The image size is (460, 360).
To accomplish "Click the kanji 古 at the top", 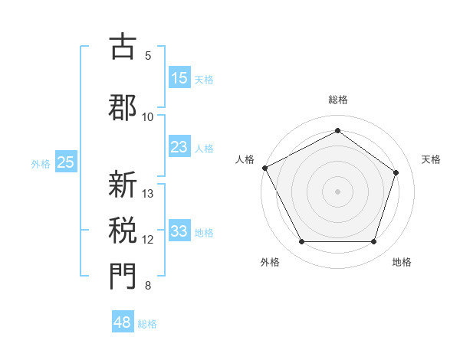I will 123,47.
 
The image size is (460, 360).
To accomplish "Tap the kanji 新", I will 123,185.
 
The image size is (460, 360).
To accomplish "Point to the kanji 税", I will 123,231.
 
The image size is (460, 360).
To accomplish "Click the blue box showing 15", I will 179,78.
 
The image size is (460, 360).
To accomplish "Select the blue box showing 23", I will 179,147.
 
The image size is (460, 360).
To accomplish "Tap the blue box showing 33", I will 179,231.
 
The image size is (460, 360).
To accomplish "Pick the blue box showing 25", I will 65,162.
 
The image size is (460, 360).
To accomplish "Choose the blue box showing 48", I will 123,322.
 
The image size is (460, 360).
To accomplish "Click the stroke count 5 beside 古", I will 148,55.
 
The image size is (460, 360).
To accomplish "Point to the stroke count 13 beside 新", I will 148,193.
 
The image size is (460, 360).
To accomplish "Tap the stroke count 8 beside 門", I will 148,286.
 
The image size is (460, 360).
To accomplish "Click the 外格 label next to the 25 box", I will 41,162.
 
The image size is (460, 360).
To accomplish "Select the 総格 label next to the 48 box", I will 147,323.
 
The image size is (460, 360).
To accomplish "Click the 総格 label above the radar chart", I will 337,100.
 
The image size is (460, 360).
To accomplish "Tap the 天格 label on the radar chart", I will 431,159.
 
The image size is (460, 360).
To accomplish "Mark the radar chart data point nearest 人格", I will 264,168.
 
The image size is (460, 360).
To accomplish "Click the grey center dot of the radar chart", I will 337,191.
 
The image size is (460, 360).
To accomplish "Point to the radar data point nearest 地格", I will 373,242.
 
